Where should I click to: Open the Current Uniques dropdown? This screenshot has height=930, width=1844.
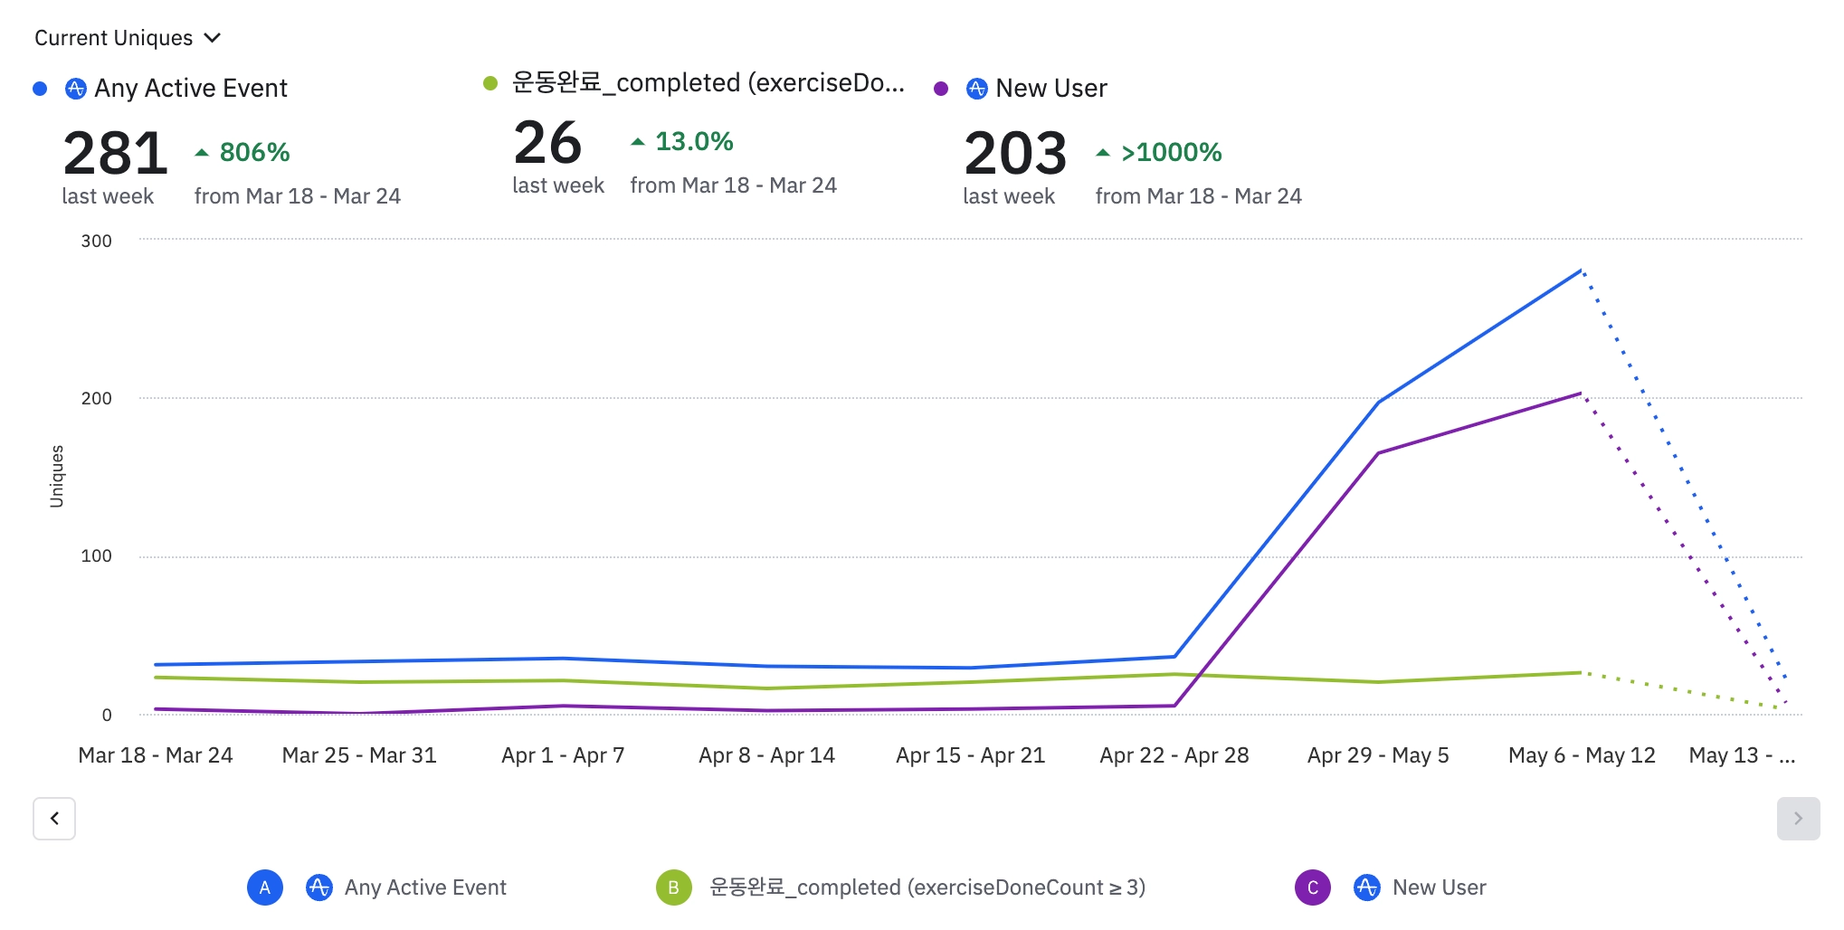pyautogui.click(x=128, y=38)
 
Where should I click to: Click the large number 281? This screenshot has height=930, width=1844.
pyautogui.click(x=115, y=153)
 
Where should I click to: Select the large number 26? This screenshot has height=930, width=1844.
pyautogui.click(x=547, y=143)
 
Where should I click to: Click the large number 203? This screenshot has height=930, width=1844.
pyautogui.click(x=1015, y=153)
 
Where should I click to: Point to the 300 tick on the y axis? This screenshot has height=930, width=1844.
pyautogui.click(x=97, y=241)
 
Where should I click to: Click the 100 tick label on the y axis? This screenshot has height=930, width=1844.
pyautogui.click(x=97, y=556)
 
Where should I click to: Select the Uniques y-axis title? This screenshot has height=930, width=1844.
pyautogui.click(x=57, y=476)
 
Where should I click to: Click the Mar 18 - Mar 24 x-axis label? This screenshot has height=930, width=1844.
pyautogui.click(x=156, y=755)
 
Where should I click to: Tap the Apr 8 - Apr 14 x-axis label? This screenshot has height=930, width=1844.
pyautogui.click(x=766, y=755)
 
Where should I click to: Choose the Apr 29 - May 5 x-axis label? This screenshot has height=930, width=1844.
pyautogui.click(x=1378, y=755)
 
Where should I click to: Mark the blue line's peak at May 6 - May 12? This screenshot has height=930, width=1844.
pyautogui.click(x=1581, y=270)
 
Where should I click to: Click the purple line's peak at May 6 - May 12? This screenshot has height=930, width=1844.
pyautogui.click(x=1581, y=394)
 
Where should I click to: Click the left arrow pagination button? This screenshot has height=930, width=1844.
pyautogui.click(x=54, y=819)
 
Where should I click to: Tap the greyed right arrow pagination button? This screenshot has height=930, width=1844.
pyautogui.click(x=1798, y=819)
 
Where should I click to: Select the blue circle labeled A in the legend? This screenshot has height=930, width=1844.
pyautogui.click(x=265, y=887)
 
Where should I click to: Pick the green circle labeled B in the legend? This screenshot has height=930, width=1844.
pyautogui.click(x=673, y=887)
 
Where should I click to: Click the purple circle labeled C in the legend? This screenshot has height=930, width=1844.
pyautogui.click(x=1312, y=887)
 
